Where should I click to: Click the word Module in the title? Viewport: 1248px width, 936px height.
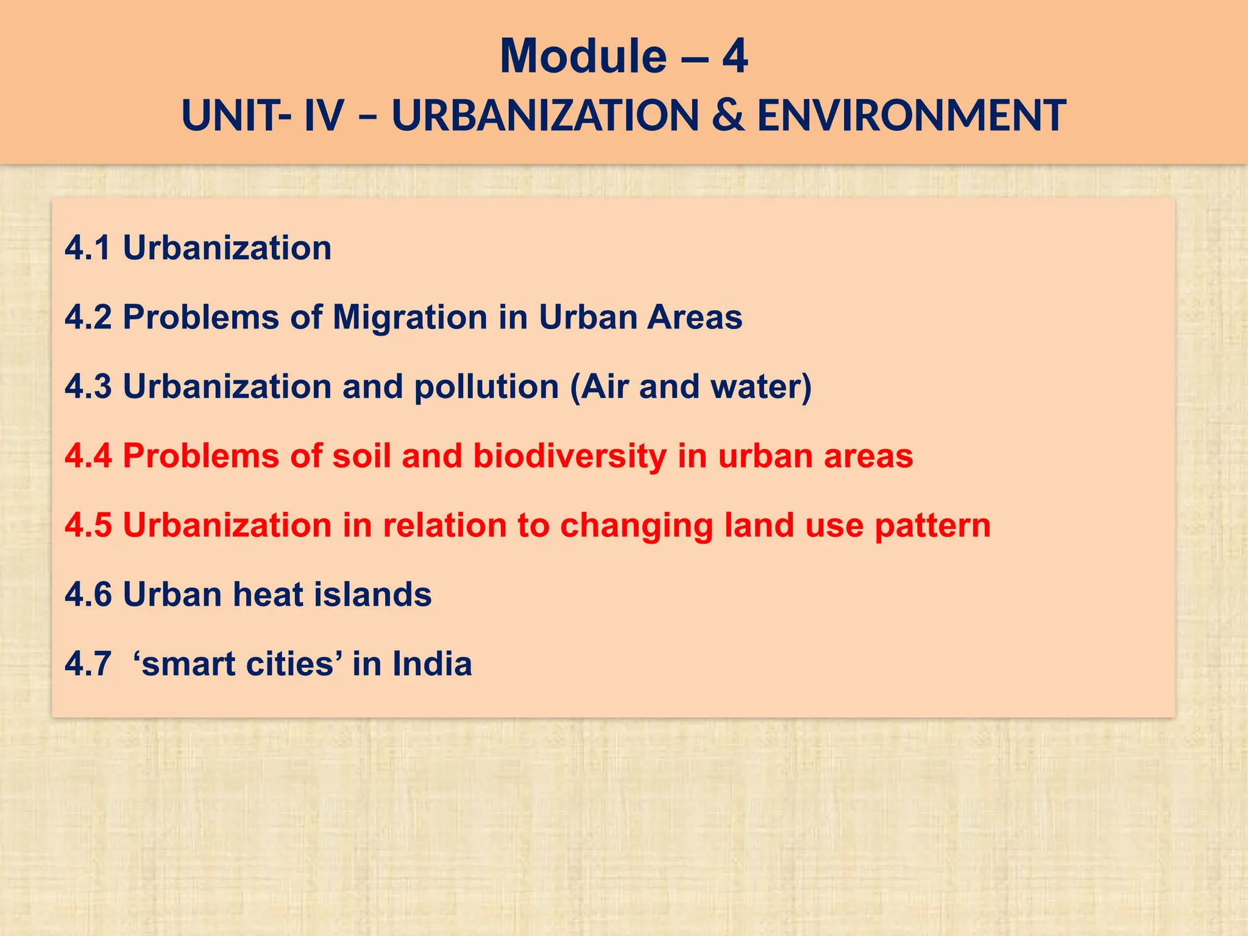(583, 56)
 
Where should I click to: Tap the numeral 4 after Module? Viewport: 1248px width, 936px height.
(735, 56)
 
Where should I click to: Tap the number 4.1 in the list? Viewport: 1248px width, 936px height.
(88, 248)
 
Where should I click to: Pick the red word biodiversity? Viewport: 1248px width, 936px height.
(570, 456)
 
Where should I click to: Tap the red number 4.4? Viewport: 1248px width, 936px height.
(88, 456)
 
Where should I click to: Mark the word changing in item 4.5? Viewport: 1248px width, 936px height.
(636, 526)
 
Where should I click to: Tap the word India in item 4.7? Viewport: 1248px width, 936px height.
(431, 664)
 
